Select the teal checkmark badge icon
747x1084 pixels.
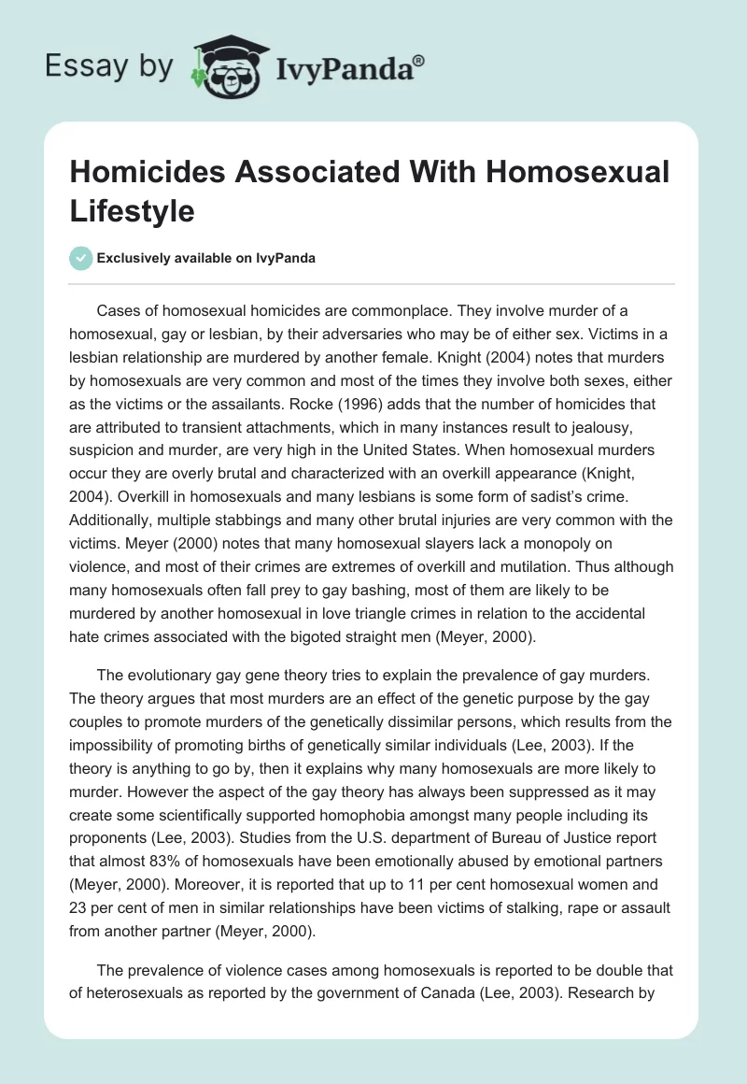[x=80, y=258]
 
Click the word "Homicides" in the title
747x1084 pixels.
[x=149, y=173]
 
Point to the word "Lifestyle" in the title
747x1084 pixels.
[x=132, y=210]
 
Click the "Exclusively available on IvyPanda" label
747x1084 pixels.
[x=207, y=258]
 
